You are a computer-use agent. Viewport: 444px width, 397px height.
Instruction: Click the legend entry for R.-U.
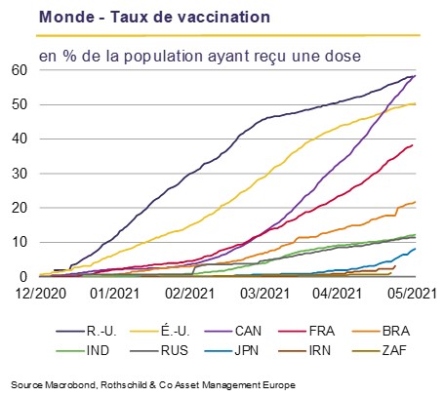(x=86, y=331)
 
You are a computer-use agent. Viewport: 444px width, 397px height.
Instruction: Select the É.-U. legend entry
(x=159, y=331)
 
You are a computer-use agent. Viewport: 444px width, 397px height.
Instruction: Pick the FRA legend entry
(x=306, y=331)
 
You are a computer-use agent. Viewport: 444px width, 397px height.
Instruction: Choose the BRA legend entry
(x=381, y=331)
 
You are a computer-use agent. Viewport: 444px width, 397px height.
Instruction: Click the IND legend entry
(x=83, y=350)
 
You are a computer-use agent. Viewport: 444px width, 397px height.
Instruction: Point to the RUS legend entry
(x=159, y=350)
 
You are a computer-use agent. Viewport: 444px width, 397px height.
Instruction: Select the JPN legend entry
(x=231, y=350)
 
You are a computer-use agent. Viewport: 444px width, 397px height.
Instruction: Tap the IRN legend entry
(x=304, y=350)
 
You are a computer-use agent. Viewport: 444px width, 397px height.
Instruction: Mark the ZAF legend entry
(x=380, y=350)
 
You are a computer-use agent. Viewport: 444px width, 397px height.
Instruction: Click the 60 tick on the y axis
(x=20, y=70)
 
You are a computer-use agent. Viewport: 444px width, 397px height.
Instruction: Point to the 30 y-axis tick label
(x=20, y=174)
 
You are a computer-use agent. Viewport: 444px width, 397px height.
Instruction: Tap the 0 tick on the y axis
(x=23, y=277)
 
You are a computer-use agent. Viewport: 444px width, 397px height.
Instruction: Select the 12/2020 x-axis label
(x=41, y=294)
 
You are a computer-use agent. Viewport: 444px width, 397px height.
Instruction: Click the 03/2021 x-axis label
(x=264, y=294)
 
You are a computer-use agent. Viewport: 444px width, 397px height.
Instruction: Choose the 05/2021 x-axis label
(x=412, y=294)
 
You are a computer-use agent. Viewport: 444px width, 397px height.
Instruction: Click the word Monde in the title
(x=66, y=17)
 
